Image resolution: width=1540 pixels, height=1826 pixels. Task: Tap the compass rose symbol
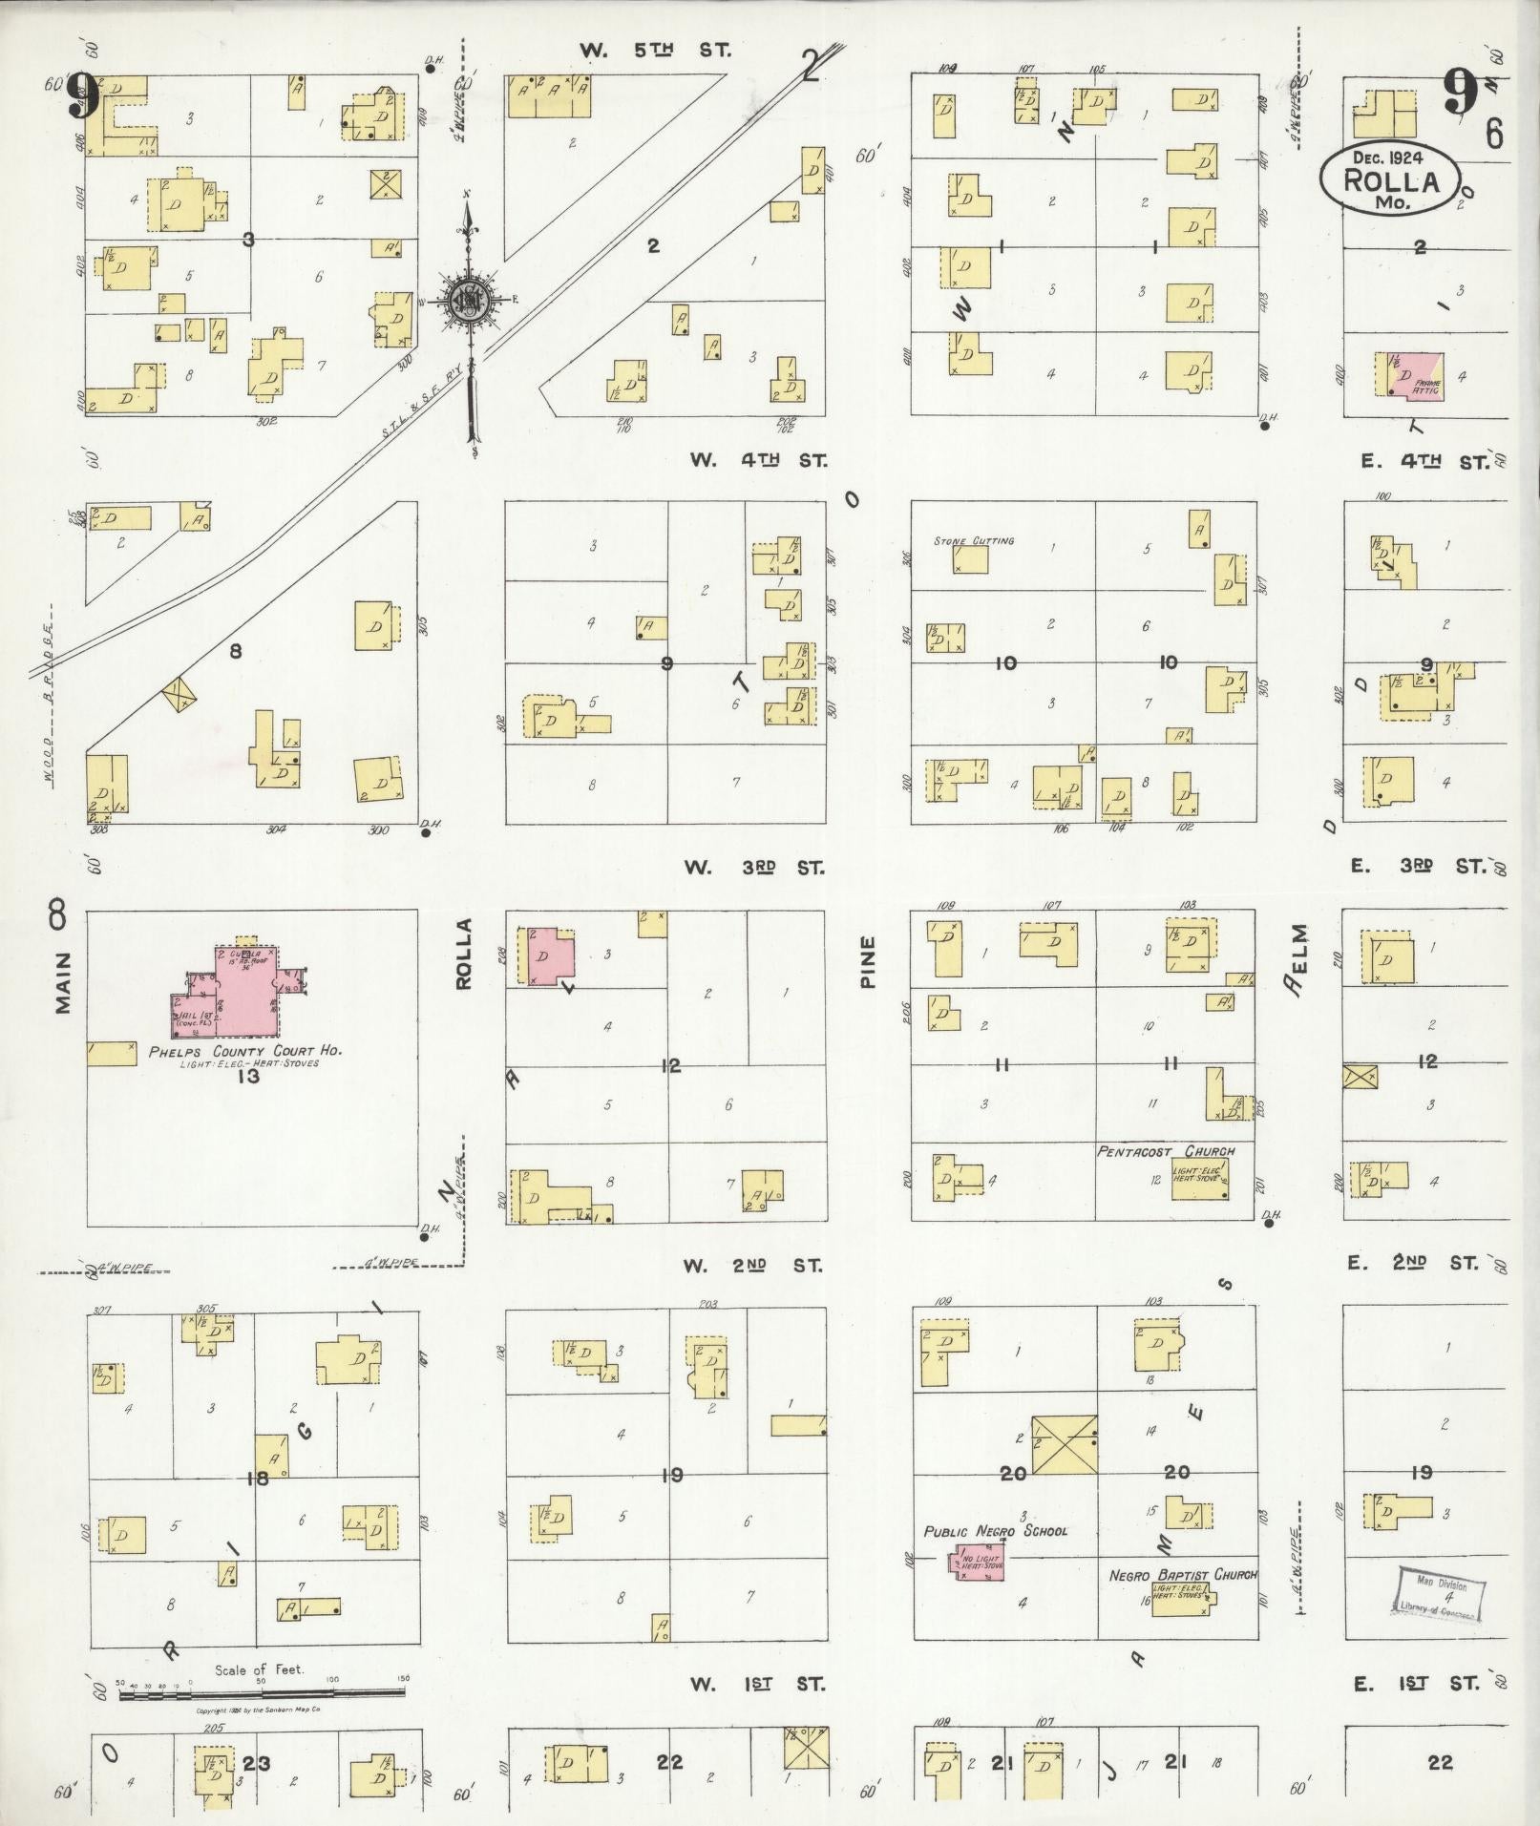(x=469, y=299)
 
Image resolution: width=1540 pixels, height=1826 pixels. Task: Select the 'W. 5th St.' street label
(x=655, y=51)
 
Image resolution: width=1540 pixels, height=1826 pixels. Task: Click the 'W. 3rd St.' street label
(x=754, y=868)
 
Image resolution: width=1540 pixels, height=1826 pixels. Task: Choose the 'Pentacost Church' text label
(x=1166, y=1151)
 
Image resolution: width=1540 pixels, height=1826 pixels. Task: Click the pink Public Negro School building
(x=974, y=1563)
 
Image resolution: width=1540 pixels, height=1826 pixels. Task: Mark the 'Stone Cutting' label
(x=974, y=541)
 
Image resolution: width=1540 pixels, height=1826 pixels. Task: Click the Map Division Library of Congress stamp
(x=1440, y=1593)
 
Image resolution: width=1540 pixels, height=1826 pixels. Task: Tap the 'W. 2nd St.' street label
(x=753, y=1266)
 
